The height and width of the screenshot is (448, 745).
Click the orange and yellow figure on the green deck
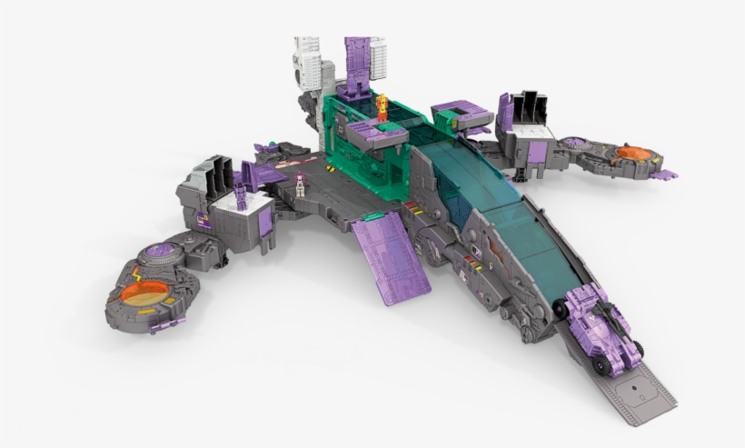tap(382, 107)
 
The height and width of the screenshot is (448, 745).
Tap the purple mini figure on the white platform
tap(241, 194)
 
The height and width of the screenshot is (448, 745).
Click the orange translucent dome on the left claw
tap(144, 292)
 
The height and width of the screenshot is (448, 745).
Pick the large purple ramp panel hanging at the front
tap(390, 258)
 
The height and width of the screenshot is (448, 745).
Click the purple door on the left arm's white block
tap(265, 222)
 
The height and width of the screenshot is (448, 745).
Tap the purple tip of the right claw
tap(665, 174)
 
